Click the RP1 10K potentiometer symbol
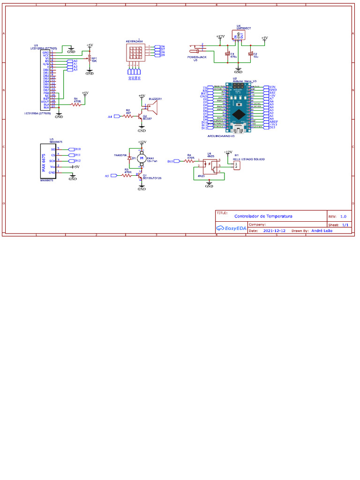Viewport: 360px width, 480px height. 89,59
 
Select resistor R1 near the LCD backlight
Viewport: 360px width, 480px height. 76,105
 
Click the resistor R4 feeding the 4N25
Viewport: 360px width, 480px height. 189,161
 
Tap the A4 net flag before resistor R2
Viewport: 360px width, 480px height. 112,116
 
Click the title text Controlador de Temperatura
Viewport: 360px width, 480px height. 263,216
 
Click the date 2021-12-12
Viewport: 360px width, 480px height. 274,231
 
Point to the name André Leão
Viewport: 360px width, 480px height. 321,231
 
